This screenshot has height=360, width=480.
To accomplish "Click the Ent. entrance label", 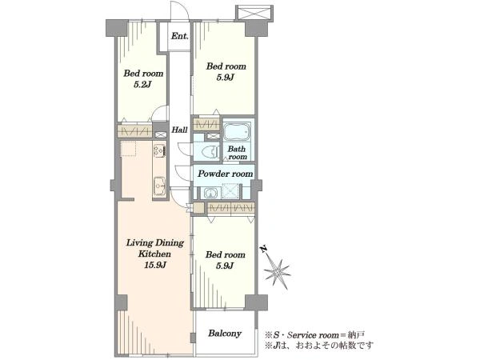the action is click(x=180, y=36).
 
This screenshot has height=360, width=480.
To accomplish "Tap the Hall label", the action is click(x=179, y=130).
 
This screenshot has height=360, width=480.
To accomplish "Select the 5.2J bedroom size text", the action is click(x=143, y=85).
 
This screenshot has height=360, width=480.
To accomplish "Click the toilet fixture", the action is click(x=210, y=151).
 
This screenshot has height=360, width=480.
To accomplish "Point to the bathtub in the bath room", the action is click(x=238, y=132).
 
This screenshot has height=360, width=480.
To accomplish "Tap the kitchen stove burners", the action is click(x=159, y=150).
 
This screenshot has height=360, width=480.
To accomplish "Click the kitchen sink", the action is click(x=159, y=186).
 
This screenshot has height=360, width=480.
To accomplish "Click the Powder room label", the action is click(x=226, y=174).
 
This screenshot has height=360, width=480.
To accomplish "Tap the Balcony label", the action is click(x=225, y=333).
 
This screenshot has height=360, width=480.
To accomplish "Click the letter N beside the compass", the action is click(x=263, y=249).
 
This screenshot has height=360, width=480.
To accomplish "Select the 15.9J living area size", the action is click(x=155, y=265).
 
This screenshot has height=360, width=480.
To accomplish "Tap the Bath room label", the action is click(x=238, y=153).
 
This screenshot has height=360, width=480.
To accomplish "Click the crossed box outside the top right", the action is click(x=254, y=14).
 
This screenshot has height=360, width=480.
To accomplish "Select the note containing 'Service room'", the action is click(x=315, y=334).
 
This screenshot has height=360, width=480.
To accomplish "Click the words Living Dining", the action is click(x=155, y=243).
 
